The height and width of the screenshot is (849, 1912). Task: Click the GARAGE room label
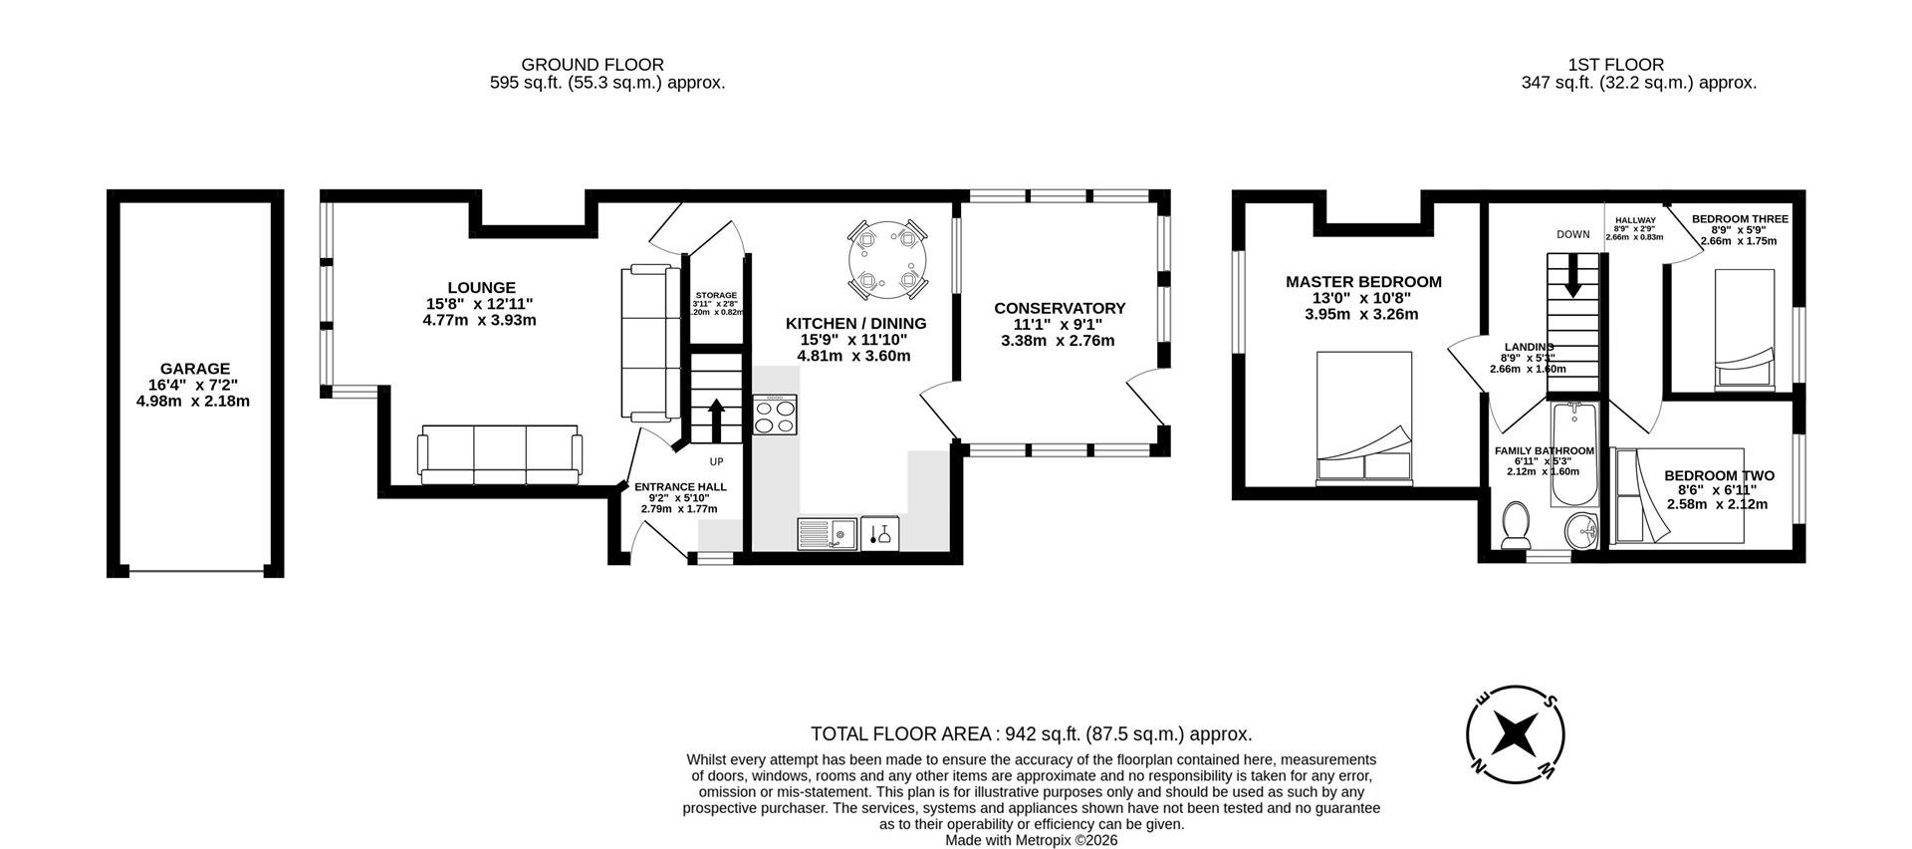(x=195, y=369)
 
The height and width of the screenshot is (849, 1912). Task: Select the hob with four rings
(x=776, y=415)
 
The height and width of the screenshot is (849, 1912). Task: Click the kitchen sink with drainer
(x=828, y=535)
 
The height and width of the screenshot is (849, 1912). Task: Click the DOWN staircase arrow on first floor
(x=1573, y=276)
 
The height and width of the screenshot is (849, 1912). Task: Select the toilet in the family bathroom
(x=1516, y=525)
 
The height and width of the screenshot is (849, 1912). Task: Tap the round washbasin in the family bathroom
(x=1580, y=531)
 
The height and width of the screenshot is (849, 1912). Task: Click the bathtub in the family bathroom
(x=1573, y=453)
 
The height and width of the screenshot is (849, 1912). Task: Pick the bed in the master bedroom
(x=1363, y=419)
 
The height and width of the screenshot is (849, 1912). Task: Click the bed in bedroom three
(x=1743, y=329)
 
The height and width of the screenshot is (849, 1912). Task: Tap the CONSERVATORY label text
(x=1060, y=309)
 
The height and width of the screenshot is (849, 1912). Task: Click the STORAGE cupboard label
(x=716, y=296)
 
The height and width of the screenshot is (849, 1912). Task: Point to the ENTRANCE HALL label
(x=680, y=487)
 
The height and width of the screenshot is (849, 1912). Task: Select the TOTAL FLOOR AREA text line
(x=1031, y=734)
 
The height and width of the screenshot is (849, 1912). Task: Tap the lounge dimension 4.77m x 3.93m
(x=479, y=321)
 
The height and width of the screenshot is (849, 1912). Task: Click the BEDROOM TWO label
(x=1719, y=476)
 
